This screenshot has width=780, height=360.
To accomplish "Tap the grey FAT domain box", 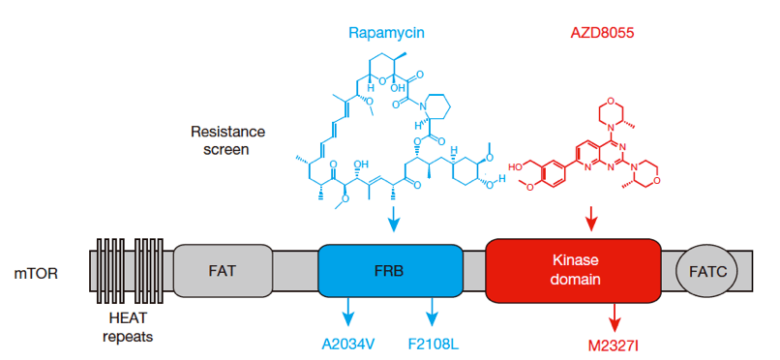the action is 223,271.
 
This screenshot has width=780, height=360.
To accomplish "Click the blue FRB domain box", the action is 391,271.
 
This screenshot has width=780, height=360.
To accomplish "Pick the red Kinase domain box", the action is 573,271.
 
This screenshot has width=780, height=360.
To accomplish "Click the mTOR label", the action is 37,273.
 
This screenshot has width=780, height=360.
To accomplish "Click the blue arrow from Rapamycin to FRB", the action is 394,219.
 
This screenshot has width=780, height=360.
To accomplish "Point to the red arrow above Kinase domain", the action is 590,218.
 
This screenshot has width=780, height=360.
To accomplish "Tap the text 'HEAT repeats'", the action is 128,327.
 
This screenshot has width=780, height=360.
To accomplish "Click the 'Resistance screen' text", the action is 226,140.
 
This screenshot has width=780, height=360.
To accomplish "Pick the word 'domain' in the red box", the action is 574,280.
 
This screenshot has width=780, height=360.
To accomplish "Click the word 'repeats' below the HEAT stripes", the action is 128,336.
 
